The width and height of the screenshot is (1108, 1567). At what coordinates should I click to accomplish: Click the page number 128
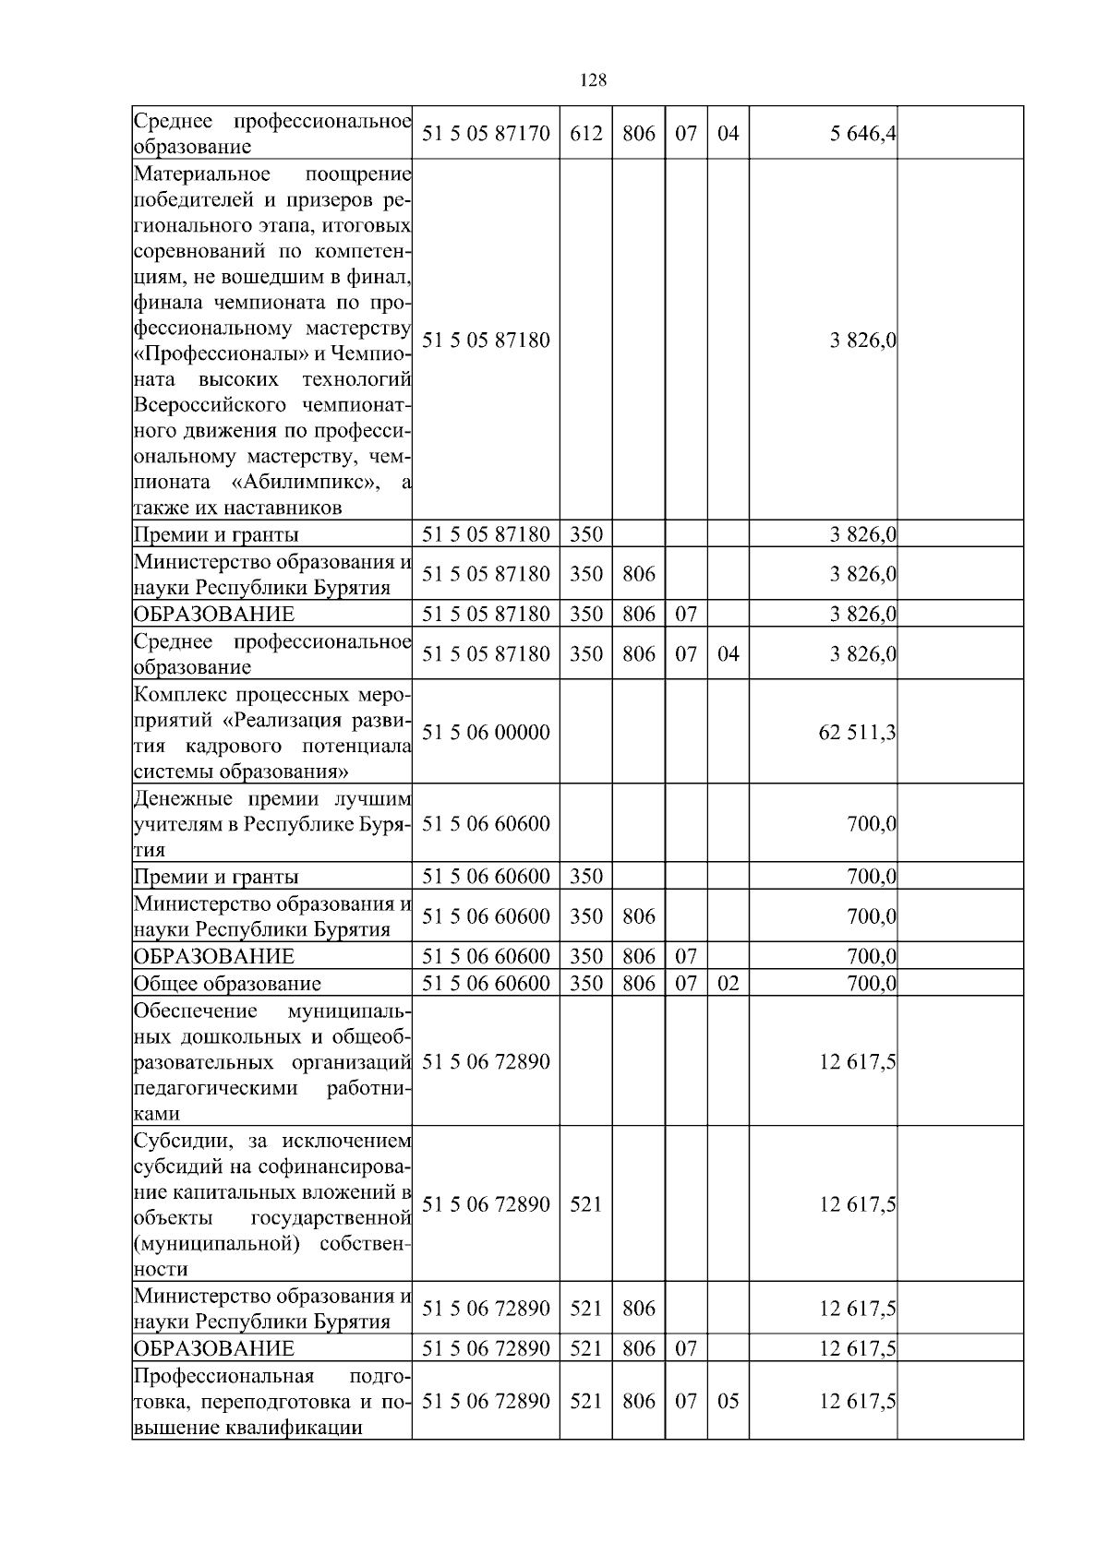tap(593, 80)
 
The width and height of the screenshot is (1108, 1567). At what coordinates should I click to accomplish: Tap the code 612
tap(586, 134)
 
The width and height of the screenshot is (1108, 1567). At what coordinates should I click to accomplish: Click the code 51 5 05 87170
tap(486, 134)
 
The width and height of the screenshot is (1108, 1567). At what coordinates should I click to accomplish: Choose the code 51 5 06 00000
tap(486, 733)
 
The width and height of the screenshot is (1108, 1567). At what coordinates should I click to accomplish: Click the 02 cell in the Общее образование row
tap(728, 983)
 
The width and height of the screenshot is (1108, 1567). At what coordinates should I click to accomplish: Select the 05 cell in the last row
tap(728, 1401)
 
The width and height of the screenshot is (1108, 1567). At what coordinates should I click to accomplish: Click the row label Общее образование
tap(228, 984)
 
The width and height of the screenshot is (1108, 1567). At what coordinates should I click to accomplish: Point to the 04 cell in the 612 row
tap(728, 134)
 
